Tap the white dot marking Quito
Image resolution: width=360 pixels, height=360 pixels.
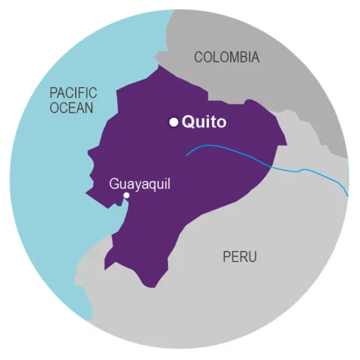point(173,122)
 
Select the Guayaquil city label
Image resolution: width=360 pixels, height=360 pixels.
point(139,182)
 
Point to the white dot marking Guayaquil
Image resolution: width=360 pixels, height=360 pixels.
point(126,196)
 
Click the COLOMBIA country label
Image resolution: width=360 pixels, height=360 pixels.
point(226,57)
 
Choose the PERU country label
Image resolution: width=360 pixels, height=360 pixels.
point(239,257)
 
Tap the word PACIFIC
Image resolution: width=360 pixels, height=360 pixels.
point(73,93)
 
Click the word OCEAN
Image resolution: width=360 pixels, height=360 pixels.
point(72,108)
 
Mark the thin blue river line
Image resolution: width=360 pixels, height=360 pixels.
point(247,159)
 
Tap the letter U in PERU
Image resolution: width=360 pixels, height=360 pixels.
point(252,257)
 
